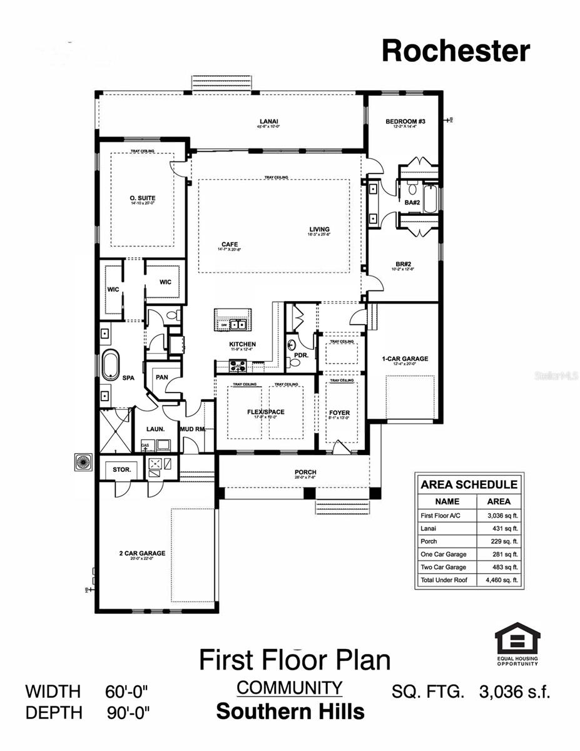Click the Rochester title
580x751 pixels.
[455, 50]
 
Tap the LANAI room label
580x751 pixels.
[269, 121]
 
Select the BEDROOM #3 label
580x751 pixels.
[405, 121]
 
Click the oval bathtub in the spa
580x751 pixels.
[111, 364]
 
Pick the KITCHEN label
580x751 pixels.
[242, 344]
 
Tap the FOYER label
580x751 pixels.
[339, 413]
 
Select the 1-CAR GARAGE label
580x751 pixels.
[405, 359]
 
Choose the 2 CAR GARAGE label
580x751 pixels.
[142, 553]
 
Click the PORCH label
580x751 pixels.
[305, 472]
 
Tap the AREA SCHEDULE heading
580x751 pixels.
[469, 484]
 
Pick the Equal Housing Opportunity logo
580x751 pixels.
[517, 643]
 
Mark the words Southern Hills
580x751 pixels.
[290, 712]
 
